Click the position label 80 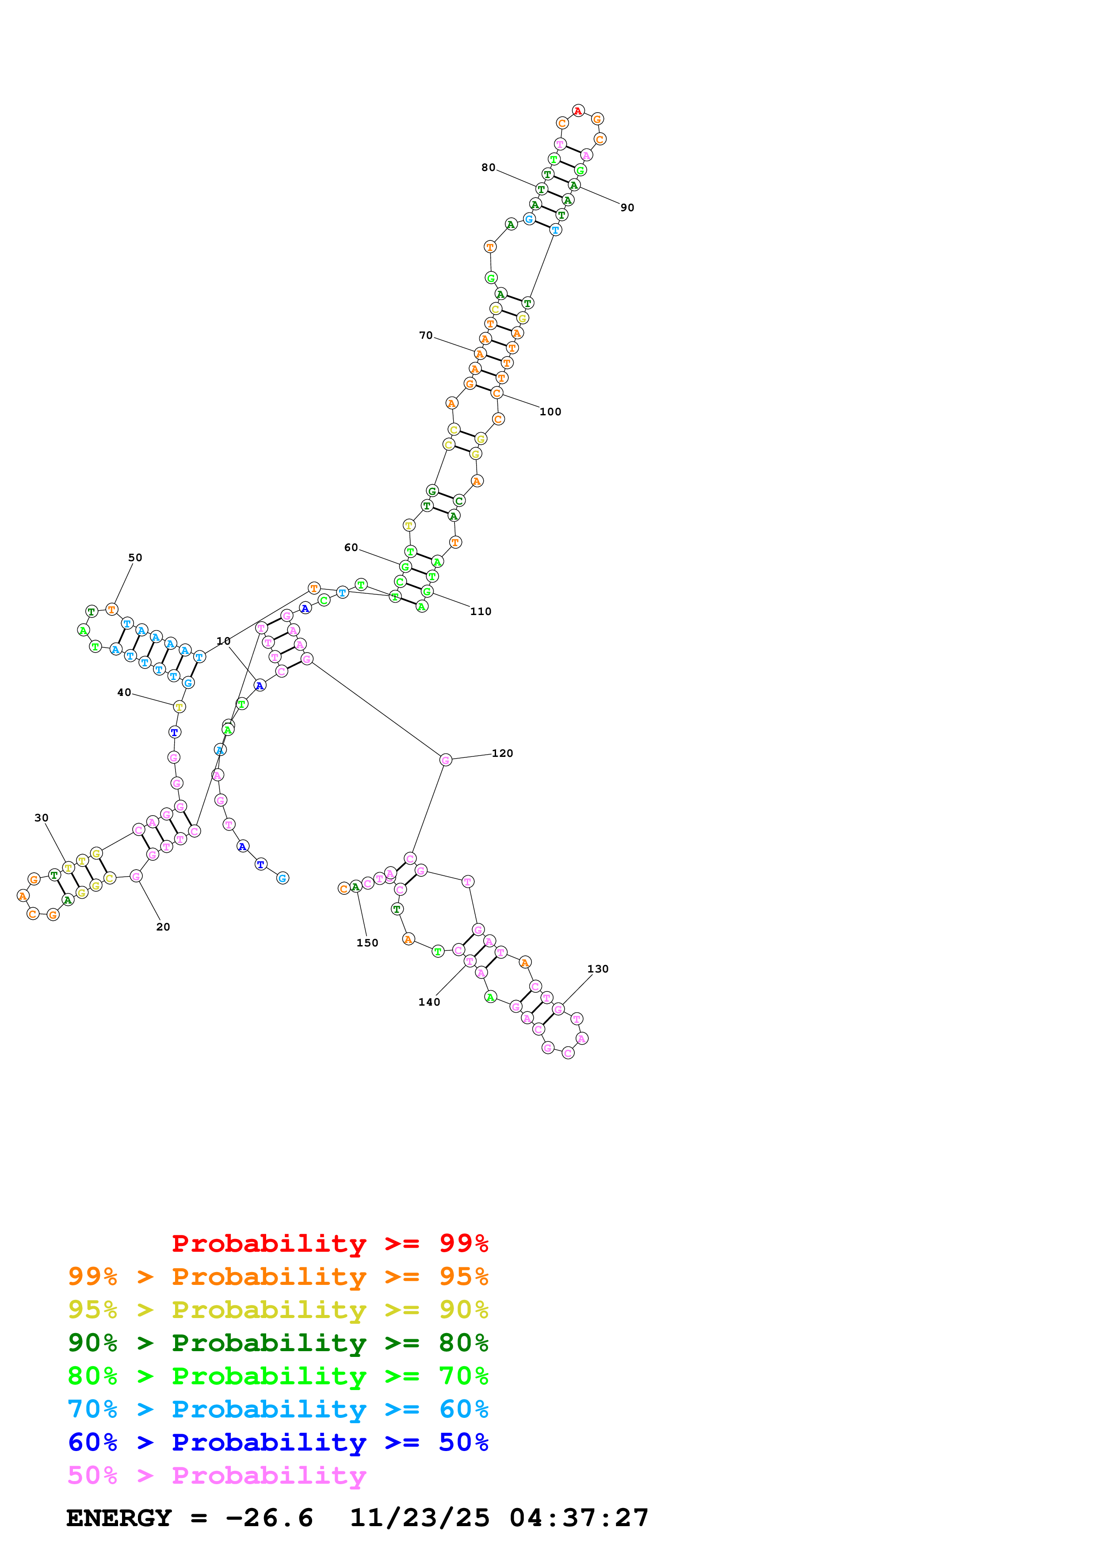[x=488, y=167]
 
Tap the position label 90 [x=627, y=208]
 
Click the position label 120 [x=502, y=753]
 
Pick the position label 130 [x=598, y=969]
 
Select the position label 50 [x=135, y=558]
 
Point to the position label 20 [x=163, y=927]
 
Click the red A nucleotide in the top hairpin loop [x=578, y=111]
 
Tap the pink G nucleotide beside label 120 [x=445, y=760]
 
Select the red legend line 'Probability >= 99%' [x=329, y=1243]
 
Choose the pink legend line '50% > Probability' [x=217, y=1476]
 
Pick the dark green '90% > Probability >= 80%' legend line [x=278, y=1343]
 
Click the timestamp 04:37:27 [x=579, y=1518]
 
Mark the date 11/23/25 [x=420, y=1518]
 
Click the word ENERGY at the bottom [x=119, y=1518]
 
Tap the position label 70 [x=425, y=335]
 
